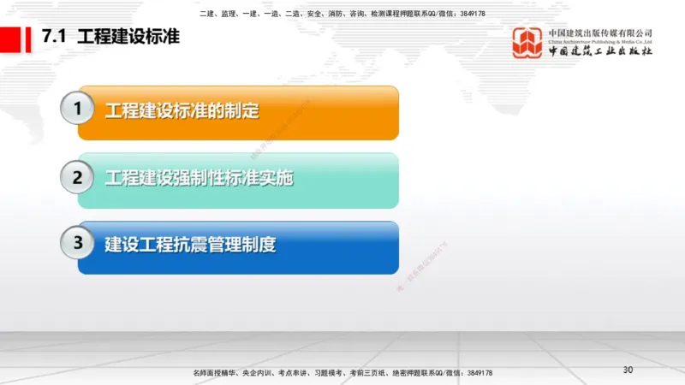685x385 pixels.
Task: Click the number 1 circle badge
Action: pyautogui.click(x=78, y=109)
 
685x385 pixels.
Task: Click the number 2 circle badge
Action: pyautogui.click(x=78, y=177)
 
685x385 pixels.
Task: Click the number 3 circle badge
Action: pyautogui.click(x=78, y=242)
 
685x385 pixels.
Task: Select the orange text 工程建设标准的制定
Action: pyautogui.click(x=182, y=110)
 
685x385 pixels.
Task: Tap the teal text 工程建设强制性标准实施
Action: pyautogui.click(x=199, y=178)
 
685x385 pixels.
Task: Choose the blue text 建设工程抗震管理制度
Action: pyautogui.click(x=190, y=244)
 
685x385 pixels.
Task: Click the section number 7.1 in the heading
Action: pyautogui.click(x=54, y=38)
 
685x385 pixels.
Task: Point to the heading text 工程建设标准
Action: pyautogui.click(x=128, y=38)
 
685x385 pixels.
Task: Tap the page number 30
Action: pyautogui.click(x=627, y=370)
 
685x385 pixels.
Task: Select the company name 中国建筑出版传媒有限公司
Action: pyautogui.click(x=600, y=31)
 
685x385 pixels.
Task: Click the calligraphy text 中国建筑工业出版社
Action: pyautogui.click(x=600, y=52)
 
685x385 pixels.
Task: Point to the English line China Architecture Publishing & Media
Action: pyautogui.click(x=600, y=40)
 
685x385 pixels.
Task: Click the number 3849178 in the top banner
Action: pyautogui.click(x=469, y=14)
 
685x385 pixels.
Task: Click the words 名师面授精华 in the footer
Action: pyautogui.click(x=215, y=373)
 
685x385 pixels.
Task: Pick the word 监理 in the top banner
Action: pyautogui.click(x=229, y=14)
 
